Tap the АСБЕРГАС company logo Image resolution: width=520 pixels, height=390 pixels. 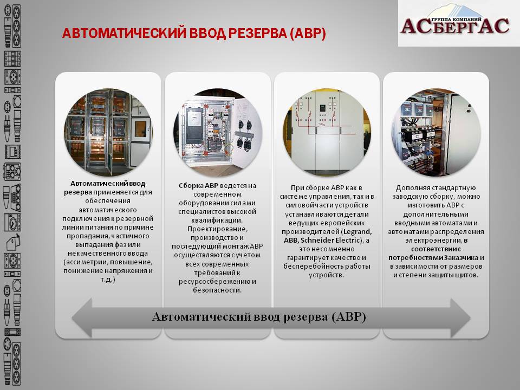pyautogui.click(x=459, y=23)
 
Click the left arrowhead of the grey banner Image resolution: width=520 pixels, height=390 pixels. pyautogui.click(x=82, y=318)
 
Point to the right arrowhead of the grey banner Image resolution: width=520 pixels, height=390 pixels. pyautogui.click(x=460, y=318)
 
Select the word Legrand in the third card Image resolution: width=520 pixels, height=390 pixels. pyautogui.click(x=357, y=231)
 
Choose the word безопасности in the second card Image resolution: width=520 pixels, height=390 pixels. pyautogui.click(x=217, y=290)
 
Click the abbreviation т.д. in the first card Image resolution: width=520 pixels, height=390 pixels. pyautogui.click(x=107, y=279)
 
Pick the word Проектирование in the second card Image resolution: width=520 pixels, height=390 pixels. pyautogui.click(x=218, y=229)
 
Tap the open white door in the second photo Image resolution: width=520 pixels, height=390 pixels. pyautogui.click(x=247, y=132)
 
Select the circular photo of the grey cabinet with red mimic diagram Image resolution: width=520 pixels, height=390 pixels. pyautogui.click(x=327, y=132)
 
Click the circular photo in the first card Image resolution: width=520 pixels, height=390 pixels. pyautogui.click(x=108, y=132)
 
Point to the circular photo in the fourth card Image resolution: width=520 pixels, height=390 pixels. pyautogui.click(x=436, y=132)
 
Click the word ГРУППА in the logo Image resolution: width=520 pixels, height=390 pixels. pyautogui.click(x=442, y=19)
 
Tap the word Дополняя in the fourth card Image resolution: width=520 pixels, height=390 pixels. pyautogui.click(x=411, y=188)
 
